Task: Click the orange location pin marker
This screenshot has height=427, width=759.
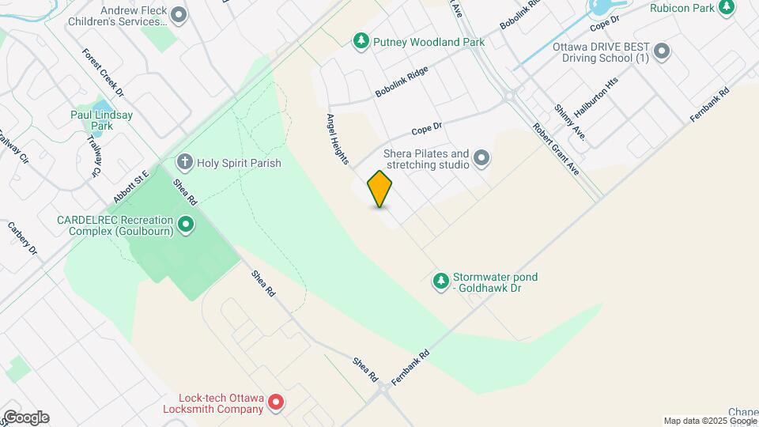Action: coord(380,189)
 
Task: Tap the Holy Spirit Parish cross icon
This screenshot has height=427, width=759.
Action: coord(184,163)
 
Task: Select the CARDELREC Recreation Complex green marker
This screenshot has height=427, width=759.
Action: coord(186,225)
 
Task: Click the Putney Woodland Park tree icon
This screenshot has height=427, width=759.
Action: coord(361,40)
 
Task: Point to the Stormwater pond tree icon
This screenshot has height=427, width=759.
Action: coord(440,280)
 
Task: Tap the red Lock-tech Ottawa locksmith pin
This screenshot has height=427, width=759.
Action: coord(276,402)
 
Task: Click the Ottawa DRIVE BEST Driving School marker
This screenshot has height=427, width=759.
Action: coord(663,52)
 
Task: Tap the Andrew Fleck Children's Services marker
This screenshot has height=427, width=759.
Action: coord(179,14)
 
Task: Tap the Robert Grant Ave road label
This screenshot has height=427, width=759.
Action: coord(556,149)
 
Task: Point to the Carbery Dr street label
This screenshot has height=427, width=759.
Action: coord(23,236)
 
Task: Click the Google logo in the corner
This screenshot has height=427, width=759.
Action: coord(25,418)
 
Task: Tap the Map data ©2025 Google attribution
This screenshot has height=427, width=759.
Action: coord(710,421)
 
